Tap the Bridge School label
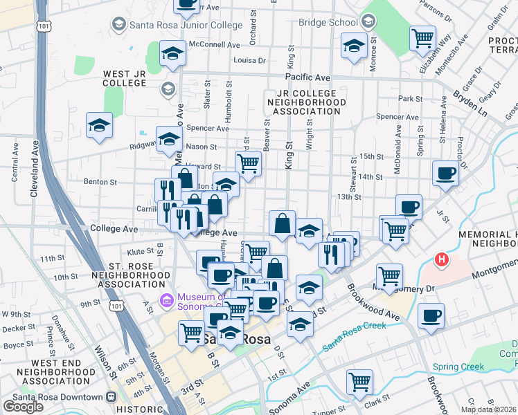[328, 22]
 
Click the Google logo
[23, 407]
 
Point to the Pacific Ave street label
[308, 77]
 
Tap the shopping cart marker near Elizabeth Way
[422, 38]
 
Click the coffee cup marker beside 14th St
[446, 173]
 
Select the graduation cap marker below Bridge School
[355, 46]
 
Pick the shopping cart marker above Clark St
[360, 381]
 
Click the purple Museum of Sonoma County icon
[166, 300]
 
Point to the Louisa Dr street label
[250, 60]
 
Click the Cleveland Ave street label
[35, 169]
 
